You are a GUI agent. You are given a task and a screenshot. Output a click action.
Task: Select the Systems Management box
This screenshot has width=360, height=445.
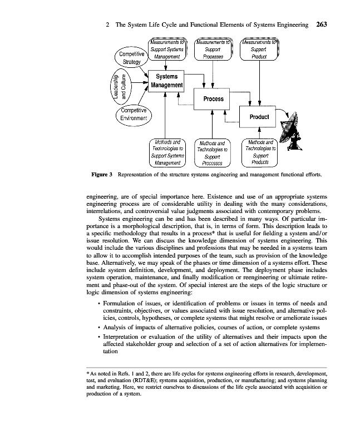[x=165, y=81]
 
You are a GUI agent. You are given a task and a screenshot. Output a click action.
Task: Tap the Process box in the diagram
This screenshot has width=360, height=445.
[x=213, y=99]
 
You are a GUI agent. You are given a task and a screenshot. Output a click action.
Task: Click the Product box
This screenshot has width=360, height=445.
[x=259, y=117]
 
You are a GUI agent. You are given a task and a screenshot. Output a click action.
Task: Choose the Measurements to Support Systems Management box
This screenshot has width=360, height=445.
[x=167, y=49]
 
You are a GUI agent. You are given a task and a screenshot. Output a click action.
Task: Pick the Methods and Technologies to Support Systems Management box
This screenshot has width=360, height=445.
[x=167, y=152]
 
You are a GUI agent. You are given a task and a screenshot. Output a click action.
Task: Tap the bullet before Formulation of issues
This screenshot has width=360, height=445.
[x=98, y=303]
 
